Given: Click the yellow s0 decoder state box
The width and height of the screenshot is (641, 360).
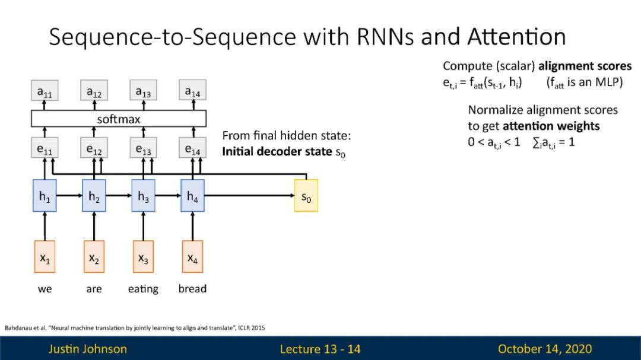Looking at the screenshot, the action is (x=306, y=196).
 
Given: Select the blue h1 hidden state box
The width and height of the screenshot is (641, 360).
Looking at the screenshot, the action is (x=45, y=196).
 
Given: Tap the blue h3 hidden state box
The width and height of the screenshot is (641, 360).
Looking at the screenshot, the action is (x=143, y=196).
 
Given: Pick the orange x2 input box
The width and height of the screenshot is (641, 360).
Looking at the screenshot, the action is (x=94, y=257).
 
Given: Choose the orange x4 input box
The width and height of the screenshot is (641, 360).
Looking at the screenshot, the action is (x=192, y=257).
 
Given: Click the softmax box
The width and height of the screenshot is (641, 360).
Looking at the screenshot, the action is (x=119, y=119).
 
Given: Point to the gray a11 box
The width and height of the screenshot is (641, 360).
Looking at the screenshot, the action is (x=45, y=90).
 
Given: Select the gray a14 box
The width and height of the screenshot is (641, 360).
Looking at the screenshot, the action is (x=192, y=90).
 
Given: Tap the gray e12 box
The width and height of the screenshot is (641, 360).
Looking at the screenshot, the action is (x=94, y=148).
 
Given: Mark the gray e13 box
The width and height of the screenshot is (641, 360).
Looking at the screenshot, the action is (x=143, y=148).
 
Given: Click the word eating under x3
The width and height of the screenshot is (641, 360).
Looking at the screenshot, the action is (x=143, y=289).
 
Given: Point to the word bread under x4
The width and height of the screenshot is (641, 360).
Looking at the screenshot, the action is (x=192, y=288).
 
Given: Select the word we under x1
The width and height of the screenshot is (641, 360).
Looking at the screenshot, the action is (x=45, y=289).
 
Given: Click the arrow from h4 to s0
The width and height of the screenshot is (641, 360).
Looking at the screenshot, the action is (x=249, y=196).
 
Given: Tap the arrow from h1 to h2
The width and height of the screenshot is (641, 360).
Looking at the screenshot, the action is (x=69, y=196).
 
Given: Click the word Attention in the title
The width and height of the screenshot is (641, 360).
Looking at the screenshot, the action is (x=517, y=37).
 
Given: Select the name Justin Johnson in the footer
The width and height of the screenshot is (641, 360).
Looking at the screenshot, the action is (x=87, y=349).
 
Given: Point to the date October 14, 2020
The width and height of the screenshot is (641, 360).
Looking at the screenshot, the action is (x=545, y=349).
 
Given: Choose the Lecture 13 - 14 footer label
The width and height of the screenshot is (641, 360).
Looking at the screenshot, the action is (x=320, y=349).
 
